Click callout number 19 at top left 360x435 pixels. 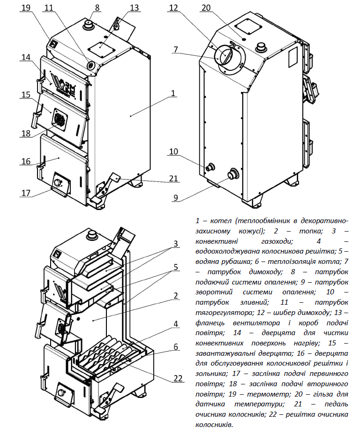pyautogui.click(x=26, y=7)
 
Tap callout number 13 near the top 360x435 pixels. pyautogui.click(x=134, y=7)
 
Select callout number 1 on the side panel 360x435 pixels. pyautogui.click(x=173, y=93)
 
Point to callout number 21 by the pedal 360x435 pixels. pyautogui.click(x=173, y=178)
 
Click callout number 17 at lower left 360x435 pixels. pyautogui.click(x=26, y=193)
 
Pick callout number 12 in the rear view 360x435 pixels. pyautogui.click(x=173, y=7)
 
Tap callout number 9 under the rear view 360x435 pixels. pyautogui.click(x=176, y=198)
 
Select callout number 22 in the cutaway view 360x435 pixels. pyautogui.click(x=178, y=378)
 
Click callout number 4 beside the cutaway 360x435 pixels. pyautogui.click(x=176, y=323)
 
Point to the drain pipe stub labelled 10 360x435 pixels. pyautogui.click(x=210, y=167)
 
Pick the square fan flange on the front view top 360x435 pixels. pyautogui.click(x=102, y=50)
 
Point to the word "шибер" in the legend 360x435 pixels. pyautogui.click(x=283, y=313)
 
